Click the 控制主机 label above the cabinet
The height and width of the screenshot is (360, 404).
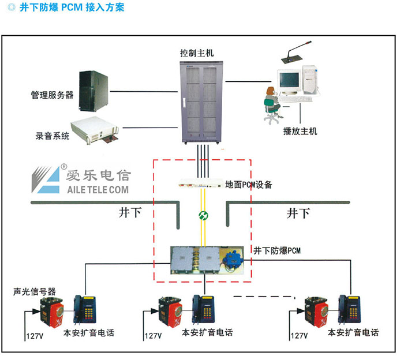click(197, 52)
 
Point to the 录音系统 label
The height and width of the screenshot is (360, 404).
click(53, 136)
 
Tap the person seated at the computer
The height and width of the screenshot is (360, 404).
click(272, 103)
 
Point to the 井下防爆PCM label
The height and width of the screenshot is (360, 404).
click(277, 250)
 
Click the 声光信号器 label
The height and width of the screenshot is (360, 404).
click(35, 291)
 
